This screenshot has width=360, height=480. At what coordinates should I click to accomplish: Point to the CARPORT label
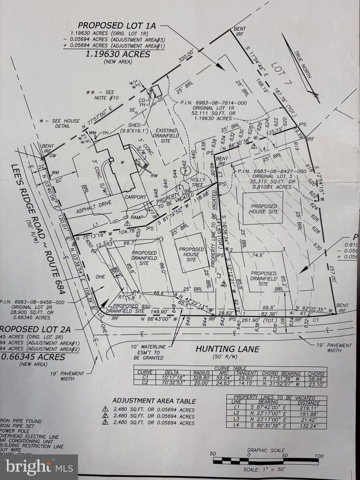[x=136, y=197]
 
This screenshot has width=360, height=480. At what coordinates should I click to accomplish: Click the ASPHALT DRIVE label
[x=93, y=209]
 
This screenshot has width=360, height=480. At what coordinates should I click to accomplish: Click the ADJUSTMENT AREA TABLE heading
[x=154, y=401]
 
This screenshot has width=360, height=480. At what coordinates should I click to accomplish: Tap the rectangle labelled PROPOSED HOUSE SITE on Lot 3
[x=263, y=208]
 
